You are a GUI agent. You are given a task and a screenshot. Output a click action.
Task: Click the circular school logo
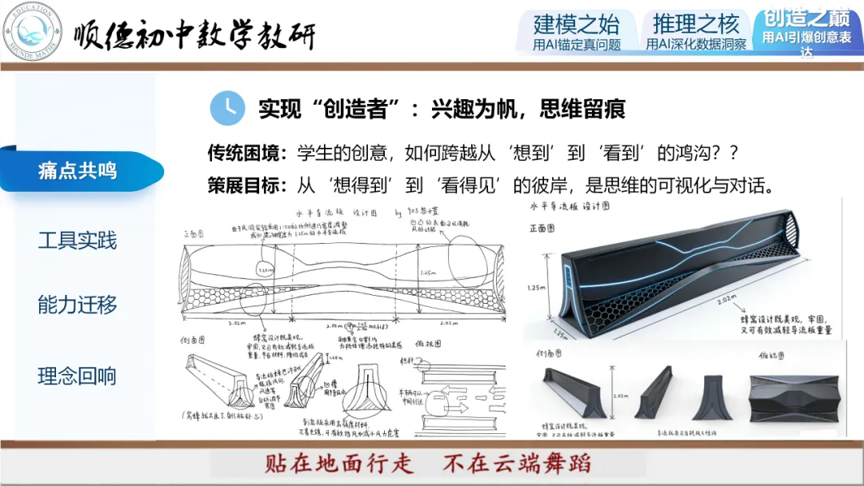33,32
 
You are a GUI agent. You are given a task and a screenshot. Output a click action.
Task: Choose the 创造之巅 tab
806,30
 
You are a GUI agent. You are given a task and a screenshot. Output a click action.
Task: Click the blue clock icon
227,108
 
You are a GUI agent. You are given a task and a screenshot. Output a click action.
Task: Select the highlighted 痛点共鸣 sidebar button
78,170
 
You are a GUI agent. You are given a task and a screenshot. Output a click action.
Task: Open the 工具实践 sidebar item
78,240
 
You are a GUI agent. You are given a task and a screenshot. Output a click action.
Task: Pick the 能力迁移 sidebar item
78,305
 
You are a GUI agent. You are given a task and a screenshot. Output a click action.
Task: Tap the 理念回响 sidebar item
78,376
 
